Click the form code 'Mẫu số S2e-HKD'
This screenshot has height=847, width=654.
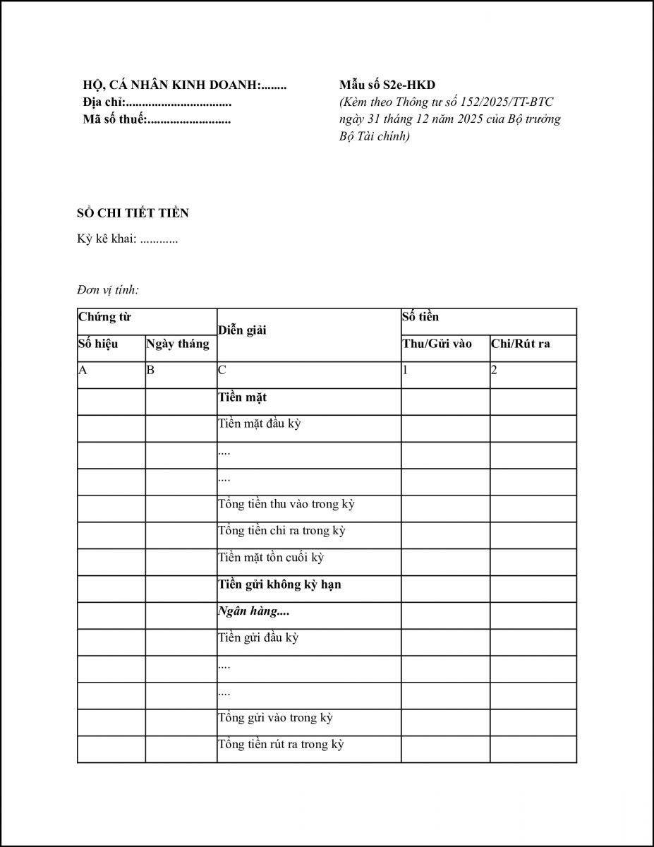tap(387, 85)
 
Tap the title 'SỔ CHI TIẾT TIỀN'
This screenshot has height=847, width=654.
tap(133, 213)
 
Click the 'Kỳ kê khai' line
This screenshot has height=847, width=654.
tap(127, 239)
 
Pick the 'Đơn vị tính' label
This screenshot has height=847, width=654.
tap(108, 289)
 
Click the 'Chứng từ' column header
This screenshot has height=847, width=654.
tap(104, 317)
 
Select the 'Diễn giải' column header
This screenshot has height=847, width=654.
tap(242, 330)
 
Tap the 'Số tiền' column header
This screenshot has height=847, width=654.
tap(420, 317)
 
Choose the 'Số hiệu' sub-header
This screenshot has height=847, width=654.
tap(98, 344)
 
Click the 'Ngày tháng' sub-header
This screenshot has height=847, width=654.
tap(178, 344)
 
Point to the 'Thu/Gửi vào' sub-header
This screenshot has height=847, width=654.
tap(437, 344)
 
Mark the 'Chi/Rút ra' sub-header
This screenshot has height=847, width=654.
tap(521, 344)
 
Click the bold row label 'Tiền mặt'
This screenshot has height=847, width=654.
tap(242, 398)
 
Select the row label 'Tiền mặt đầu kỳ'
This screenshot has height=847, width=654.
tap(259, 425)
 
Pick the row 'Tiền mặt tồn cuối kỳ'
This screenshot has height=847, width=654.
tap(270, 558)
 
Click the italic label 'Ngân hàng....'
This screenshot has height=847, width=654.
tap(254, 611)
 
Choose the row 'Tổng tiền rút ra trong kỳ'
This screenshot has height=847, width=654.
tap(280, 745)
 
